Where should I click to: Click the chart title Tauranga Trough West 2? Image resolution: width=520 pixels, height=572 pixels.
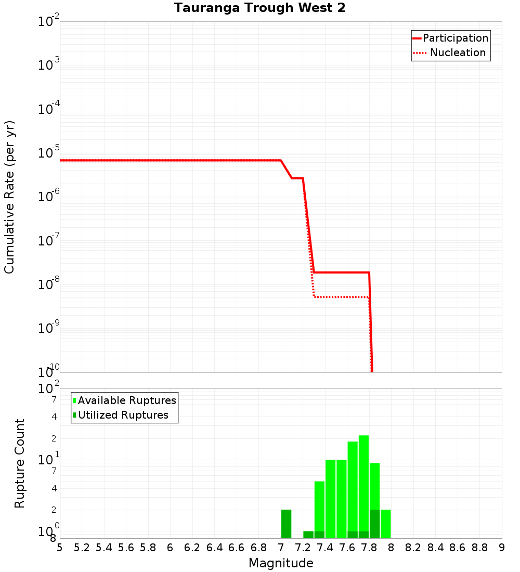(259, 8)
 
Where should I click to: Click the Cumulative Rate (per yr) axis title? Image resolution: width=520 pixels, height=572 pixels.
(9, 197)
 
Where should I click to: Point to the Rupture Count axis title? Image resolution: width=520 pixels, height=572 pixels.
(20, 463)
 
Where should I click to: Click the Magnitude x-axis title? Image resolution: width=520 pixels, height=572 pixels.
(281, 563)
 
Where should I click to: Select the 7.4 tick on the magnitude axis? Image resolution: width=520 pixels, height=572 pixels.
(325, 548)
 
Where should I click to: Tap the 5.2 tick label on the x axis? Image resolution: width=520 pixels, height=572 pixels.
(82, 548)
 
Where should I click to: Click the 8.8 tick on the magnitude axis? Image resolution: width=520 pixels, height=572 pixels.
(479, 548)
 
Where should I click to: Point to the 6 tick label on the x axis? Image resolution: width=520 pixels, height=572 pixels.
(170, 548)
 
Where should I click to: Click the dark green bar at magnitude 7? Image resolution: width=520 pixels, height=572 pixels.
(286, 524)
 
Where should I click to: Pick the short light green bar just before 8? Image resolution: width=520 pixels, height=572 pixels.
(385, 524)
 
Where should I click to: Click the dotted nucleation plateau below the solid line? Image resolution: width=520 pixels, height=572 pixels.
(341, 297)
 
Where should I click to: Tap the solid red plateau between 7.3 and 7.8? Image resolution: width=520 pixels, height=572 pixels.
(341, 272)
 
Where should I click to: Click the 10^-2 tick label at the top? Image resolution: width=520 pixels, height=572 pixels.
(49, 22)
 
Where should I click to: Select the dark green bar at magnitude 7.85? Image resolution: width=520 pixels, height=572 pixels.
(374, 524)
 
